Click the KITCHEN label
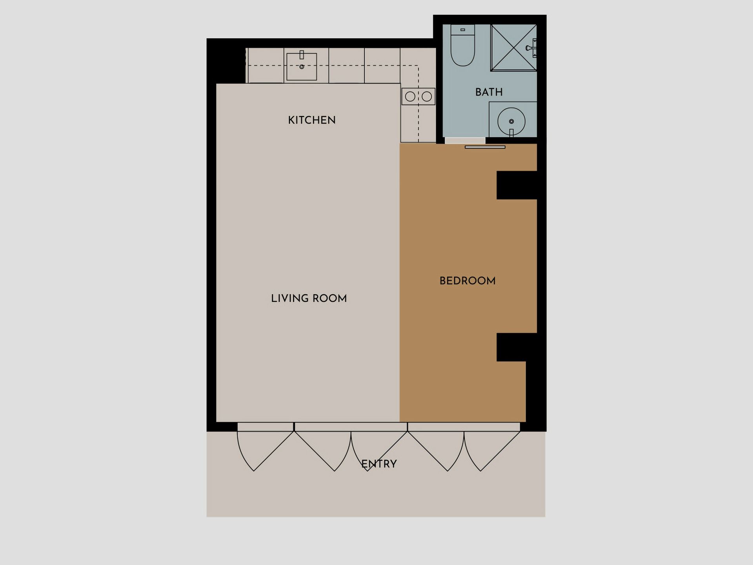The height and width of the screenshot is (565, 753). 312,120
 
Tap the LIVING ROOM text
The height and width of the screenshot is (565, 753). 309,298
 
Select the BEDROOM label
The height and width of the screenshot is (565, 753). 467,281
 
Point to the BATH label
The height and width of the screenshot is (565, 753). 489,92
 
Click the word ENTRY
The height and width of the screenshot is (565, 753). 379,464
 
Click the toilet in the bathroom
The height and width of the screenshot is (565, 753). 463,45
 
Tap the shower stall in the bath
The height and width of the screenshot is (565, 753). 513,48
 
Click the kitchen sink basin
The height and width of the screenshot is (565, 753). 302,67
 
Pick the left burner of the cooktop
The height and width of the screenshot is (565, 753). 410,97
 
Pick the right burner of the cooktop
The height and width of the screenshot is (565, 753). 427,97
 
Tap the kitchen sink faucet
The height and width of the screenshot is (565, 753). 302,55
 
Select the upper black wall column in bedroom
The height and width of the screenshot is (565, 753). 517,185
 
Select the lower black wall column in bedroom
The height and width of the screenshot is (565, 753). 517,347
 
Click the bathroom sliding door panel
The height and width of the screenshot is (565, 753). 485,147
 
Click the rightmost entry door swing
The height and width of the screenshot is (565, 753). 492,451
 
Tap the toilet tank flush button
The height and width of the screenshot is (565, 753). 463,30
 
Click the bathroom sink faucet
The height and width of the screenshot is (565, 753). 511,133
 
